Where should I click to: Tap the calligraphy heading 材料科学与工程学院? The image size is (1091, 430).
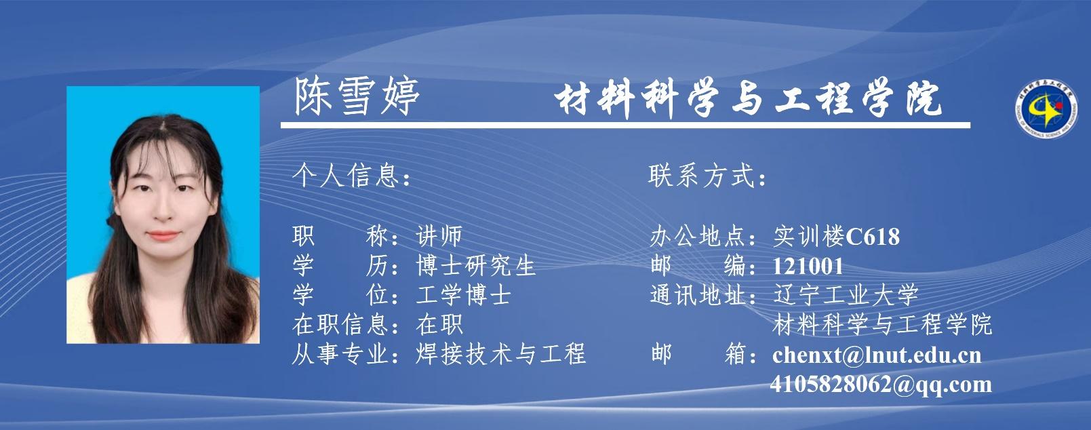[x=748, y=99]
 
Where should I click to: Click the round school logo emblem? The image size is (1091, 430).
[x=1046, y=109]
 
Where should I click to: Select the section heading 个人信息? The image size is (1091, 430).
[x=347, y=175]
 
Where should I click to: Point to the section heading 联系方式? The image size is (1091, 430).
[x=702, y=175]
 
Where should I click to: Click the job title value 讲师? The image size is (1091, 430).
[x=439, y=237]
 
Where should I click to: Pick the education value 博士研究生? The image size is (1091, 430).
[x=476, y=266]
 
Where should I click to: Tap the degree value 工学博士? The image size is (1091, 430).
[x=463, y=295]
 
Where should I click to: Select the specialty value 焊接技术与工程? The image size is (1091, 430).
[x=500, y=353]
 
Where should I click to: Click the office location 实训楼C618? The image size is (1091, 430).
[x=836, y=237]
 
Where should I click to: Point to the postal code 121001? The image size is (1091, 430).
[x=808, y=267]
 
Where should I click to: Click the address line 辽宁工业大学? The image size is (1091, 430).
[x=846, y=295]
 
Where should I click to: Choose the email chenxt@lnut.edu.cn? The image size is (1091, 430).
[x=877, y=355]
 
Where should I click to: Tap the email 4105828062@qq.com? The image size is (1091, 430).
[x=881, y=385]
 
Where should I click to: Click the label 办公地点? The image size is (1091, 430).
[x=698, y=237]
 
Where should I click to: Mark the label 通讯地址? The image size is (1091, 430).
[x=698, y=295]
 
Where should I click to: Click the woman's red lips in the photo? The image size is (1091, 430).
[x=164, y=236]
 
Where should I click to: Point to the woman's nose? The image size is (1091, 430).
[x=163, y=210]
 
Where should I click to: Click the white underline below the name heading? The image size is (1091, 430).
[x=625, y=125]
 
